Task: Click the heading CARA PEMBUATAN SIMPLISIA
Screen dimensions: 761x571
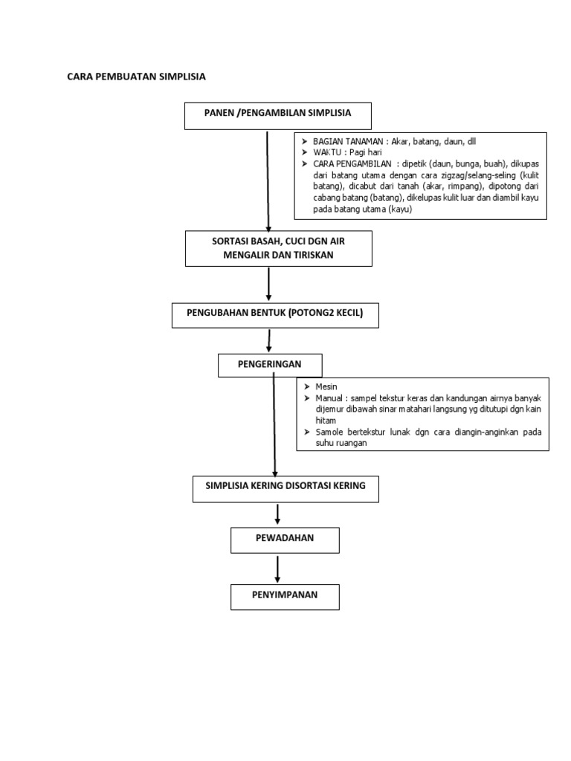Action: (x=136, y=77)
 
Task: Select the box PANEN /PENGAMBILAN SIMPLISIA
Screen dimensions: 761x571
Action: (x=277, y=114)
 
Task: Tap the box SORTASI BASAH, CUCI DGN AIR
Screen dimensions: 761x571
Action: (x=277, y=247)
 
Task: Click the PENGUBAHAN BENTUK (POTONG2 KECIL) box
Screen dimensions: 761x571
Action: (x=276, y=314)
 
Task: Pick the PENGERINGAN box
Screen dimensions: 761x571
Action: (x=270, y=366)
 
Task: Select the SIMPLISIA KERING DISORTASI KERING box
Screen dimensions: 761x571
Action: (x=285, y=488)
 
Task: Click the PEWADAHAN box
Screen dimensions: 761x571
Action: (x=285, y=540)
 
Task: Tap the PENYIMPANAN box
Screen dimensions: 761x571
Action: (x=285, y=597)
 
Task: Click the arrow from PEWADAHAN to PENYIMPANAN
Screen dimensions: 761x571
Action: (x=278, y=569)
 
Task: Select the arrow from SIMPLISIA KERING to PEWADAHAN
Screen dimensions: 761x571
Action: (x=278, y=514)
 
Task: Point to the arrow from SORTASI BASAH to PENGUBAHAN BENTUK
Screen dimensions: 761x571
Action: (x=268, y=284)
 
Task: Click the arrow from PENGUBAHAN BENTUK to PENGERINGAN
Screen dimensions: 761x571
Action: (x=268, y=340)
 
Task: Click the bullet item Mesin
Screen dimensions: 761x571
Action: (x=326, y=387)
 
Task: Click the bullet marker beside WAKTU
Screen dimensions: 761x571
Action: (x=304, y=152)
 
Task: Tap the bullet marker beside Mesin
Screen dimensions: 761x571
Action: (x=306, y=387)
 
